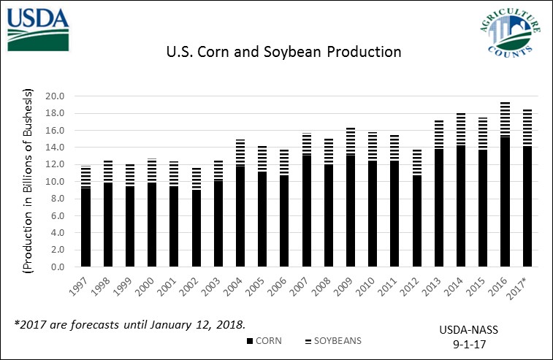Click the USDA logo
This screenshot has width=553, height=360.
pos(39,28)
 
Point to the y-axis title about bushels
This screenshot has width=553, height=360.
pos(29,181)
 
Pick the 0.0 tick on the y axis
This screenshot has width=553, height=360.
pos(58,267)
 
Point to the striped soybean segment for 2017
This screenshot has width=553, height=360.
pos(527,128)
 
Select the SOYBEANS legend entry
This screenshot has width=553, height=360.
pos(333,341)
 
